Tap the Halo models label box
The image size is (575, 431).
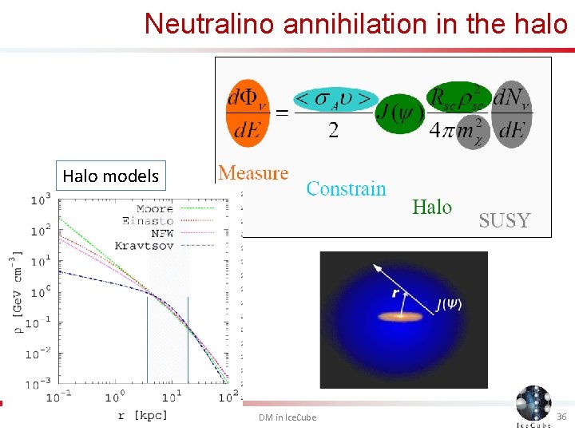point(110,176)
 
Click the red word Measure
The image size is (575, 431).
point(253,173)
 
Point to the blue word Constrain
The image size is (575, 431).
point(346,189)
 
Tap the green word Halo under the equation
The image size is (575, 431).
point(432,208)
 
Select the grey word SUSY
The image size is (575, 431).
point(504,220)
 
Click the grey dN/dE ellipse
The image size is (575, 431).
point(510,113)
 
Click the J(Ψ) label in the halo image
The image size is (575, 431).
point(448,303)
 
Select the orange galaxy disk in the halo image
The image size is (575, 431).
point(402,317)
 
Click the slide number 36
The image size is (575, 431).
point(561,417)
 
